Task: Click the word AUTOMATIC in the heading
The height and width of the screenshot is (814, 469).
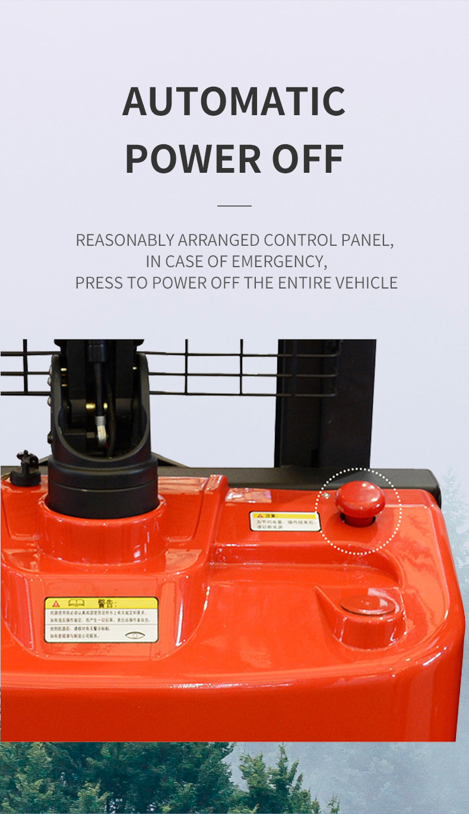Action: point(234,102)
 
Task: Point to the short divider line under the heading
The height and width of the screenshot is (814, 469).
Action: point(235,206)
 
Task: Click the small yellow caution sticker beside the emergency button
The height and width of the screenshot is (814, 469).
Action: point(284,521)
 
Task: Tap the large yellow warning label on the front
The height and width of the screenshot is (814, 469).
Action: point(102,619)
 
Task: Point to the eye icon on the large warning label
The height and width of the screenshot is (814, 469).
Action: point(135,635)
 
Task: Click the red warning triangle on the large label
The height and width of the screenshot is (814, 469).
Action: point(56,603)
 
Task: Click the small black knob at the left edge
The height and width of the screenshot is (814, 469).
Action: point(26,468)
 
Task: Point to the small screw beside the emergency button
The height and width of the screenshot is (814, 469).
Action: point(325,495)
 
